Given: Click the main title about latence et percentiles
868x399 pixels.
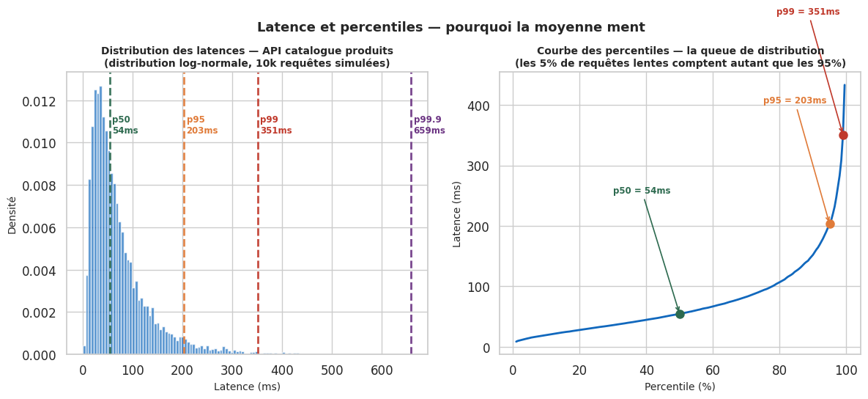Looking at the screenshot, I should pyautogui.click(x=450, y=27).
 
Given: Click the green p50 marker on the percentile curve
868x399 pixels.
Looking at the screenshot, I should pyautogui.click(x=680, y=314).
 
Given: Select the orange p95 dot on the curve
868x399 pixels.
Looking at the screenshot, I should pyautogui.click(x=830, y=224).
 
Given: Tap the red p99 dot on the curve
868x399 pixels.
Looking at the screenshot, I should pyautogui.click(x=843, y=135).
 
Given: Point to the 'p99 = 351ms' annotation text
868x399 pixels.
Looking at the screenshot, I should pyautogui.click(x=808, y=12).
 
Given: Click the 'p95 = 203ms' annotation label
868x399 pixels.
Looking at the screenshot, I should pyautogui.click(x=795, y=100).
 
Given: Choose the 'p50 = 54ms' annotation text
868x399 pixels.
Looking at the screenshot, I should pyautogui.click(x=642, y=191).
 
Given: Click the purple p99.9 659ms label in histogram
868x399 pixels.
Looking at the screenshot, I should pyautogui.click(x=429, y=125).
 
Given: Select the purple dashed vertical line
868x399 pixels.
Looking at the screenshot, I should pyautogui.click(x=411, y=220).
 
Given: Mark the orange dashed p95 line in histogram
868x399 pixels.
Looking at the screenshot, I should pyautogui.click(x=184, y=220).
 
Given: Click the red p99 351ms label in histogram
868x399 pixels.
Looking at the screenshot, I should pyautogui.click(x=276, y=125).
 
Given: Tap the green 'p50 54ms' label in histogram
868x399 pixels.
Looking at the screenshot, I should pyautogui.click(x=125, y=125).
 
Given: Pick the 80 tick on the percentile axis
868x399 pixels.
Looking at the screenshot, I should pyautogui.click(x=779, y=370).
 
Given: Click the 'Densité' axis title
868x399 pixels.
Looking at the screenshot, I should pyautogui.click(x=12, y=215).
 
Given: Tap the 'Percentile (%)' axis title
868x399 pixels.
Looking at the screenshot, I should pyautogui.click(x=680, y=387).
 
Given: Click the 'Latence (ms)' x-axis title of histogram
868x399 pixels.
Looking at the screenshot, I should pyautogui.click(x=247, y=387).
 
